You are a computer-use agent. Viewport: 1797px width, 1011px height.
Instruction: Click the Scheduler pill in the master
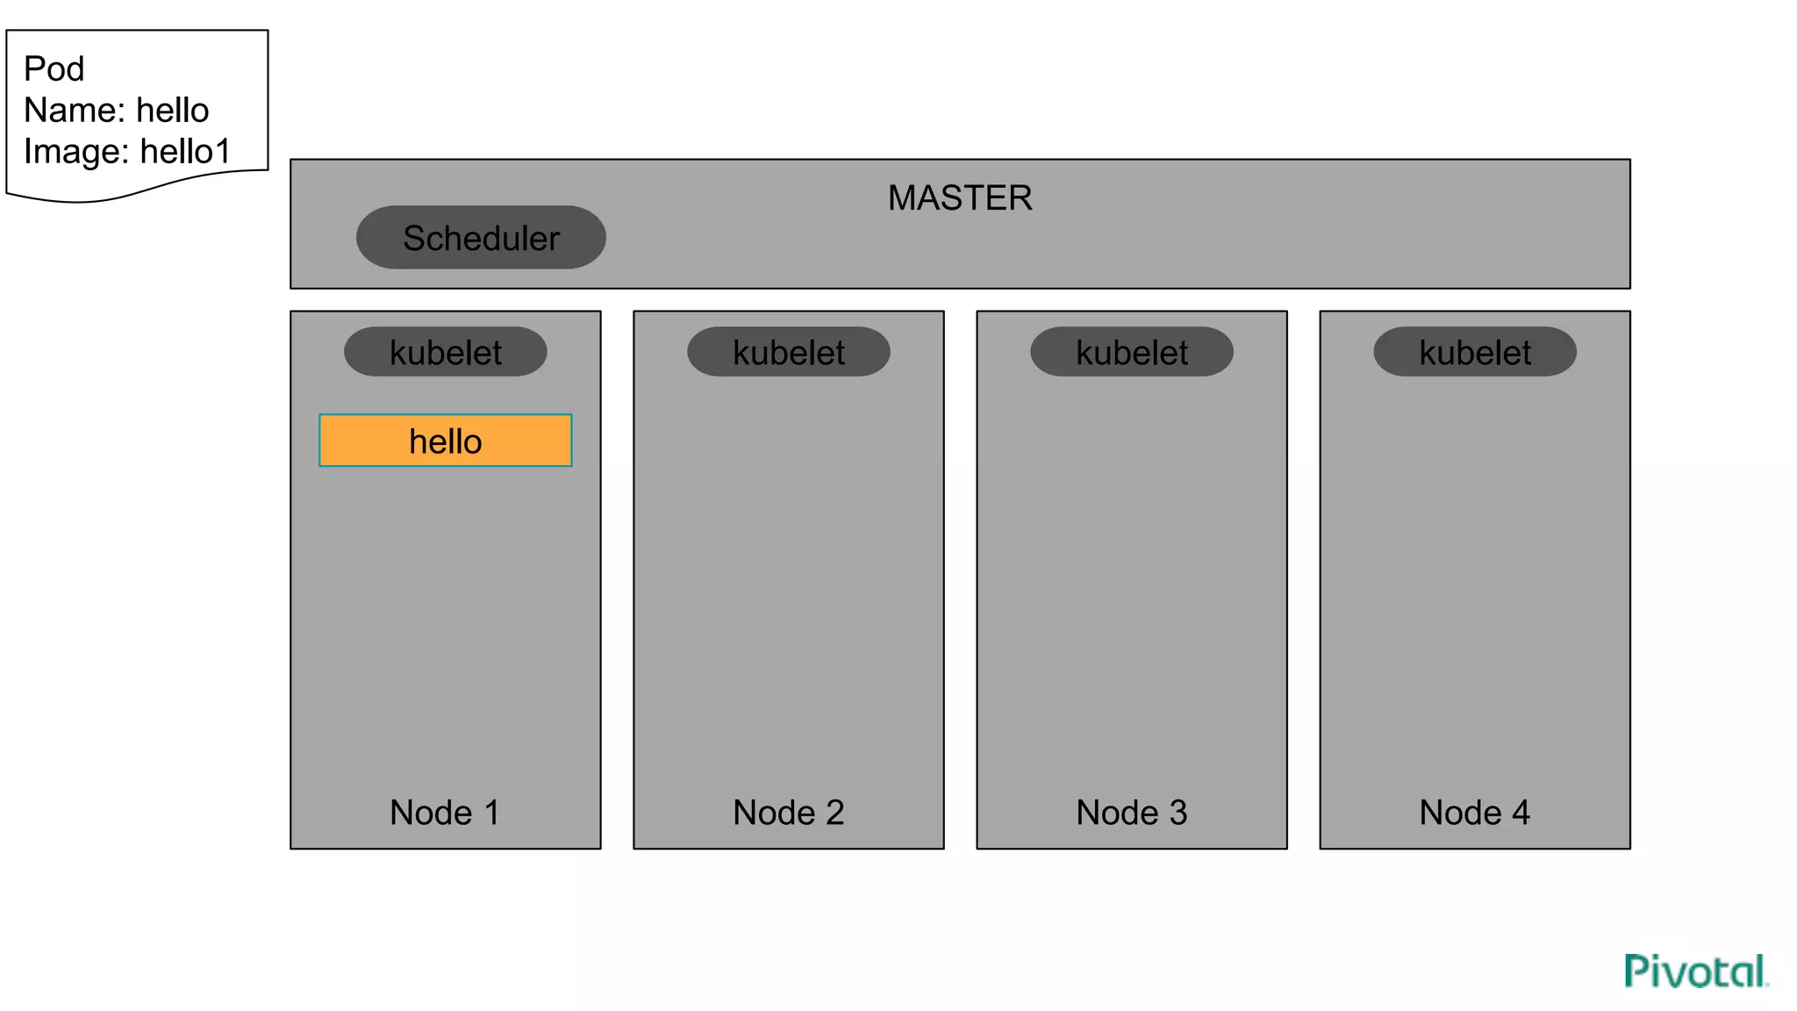481,238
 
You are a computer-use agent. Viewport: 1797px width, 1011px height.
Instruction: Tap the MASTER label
960,198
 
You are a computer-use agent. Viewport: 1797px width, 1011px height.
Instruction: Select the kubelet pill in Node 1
446,353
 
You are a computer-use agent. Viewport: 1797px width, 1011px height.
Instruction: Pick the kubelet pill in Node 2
789,353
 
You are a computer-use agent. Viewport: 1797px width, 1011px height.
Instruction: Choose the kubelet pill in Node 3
1132,353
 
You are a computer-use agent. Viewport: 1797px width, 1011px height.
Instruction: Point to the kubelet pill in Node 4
1475,353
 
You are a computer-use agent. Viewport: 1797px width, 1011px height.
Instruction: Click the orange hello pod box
446,441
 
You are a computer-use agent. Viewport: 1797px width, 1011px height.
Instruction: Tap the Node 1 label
445,813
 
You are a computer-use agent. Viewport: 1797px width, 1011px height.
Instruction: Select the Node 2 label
788,813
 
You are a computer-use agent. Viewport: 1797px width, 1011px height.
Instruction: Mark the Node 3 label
1131,813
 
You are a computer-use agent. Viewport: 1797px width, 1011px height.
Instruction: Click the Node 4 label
1474,813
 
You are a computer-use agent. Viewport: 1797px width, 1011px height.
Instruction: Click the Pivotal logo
1695,972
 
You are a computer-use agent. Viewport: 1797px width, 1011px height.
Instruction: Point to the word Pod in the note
54,69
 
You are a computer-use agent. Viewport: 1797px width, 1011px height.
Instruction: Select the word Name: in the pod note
75,111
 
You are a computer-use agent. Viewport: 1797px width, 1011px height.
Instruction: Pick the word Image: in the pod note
76,152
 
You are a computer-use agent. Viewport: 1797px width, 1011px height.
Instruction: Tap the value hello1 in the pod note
185,152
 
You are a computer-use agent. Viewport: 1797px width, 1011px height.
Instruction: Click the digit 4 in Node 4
1521,813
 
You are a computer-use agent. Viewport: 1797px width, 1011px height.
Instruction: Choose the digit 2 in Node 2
834,813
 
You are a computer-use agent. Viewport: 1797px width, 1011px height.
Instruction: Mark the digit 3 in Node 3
1178,813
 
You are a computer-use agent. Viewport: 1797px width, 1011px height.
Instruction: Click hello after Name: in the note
173,111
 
